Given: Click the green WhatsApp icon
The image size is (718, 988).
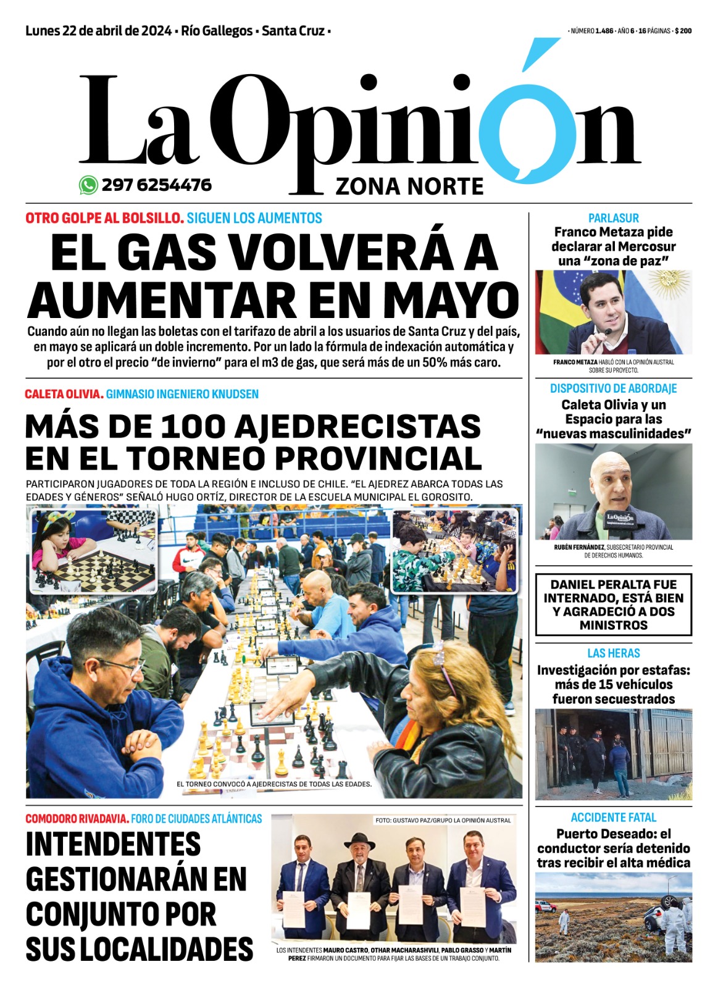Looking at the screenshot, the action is coord(88,185).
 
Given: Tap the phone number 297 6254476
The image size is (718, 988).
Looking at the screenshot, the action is coord(156,185).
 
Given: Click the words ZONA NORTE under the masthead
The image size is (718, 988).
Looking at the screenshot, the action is coord(409,186).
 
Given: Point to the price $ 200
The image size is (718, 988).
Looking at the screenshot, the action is coord(683,31).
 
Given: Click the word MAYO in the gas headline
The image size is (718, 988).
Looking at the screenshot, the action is coord(451,301).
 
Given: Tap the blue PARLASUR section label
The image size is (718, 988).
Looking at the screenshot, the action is coord(613,218).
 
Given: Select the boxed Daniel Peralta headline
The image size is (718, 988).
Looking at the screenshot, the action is coord(613,605).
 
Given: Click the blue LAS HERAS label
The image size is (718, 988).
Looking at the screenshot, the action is coord(613,653).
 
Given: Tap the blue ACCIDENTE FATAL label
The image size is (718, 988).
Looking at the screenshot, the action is coord(613,818).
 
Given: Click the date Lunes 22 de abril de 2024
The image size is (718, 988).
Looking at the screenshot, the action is coord(99,31).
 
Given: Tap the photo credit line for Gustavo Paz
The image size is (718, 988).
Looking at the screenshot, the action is coord(443,821).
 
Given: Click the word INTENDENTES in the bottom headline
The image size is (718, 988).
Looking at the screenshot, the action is coord(113,844).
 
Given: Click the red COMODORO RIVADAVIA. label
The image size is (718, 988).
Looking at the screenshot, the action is coord(77,819).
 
